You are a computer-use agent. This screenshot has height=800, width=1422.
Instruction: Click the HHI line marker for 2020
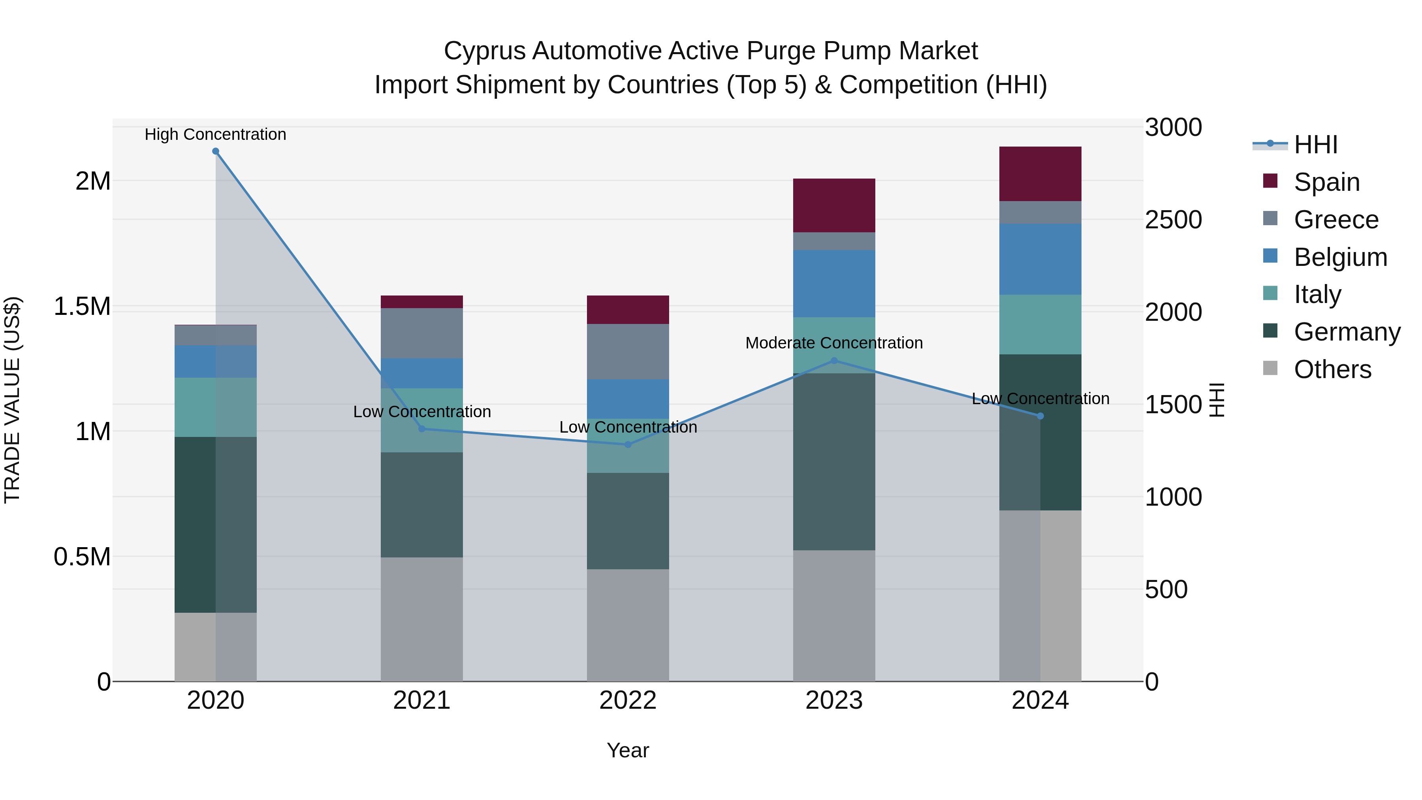(216, 151)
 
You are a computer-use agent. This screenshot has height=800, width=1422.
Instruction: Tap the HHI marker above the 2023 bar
(834, 361)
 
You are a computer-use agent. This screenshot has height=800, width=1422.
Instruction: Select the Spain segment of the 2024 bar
(1040, 173)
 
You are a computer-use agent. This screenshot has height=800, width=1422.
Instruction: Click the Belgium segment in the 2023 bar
(834, 283)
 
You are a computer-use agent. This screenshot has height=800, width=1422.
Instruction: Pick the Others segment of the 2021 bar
(422, 618)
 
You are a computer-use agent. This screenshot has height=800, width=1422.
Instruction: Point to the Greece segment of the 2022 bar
(628, 351)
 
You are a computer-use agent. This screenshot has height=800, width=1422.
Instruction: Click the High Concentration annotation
(215, 134)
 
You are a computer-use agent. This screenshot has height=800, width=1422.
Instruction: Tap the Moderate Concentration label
(833, 343)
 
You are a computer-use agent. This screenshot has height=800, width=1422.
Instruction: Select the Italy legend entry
(1317, 294)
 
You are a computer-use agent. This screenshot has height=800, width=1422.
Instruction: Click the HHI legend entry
(1315, 145)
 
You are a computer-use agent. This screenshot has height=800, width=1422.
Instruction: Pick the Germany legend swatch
(1270, 331)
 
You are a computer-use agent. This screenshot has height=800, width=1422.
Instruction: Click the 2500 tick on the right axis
(1173, 220)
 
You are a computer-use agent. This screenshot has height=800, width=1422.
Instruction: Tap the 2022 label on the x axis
(628, 700)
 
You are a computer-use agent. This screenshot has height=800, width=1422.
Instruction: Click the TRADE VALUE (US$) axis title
(12, 400)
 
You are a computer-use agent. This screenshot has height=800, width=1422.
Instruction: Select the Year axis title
(628, 750)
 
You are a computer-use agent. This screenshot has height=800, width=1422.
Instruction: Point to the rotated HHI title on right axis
(1217, 400)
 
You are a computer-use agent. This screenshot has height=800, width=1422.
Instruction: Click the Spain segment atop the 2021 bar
(422, 301)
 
